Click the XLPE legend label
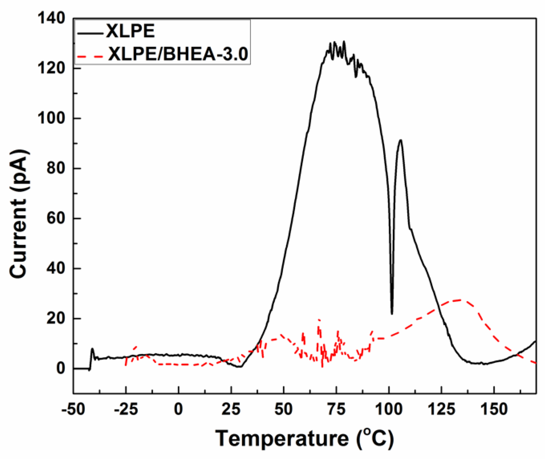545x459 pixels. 130,31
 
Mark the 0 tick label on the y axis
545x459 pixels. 60,368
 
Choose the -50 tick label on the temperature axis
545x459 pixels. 73,409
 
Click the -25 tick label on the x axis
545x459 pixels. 126,409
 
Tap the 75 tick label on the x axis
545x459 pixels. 336,409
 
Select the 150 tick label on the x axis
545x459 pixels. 494,409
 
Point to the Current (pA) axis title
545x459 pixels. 19,214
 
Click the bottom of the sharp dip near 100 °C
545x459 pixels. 392,314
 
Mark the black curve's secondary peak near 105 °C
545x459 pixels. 400,140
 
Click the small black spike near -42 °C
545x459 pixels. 92,349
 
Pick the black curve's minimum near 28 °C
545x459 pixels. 240,367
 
